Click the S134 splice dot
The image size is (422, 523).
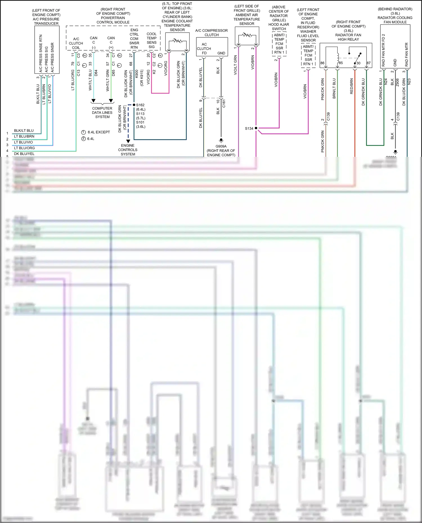(x=256, y=128)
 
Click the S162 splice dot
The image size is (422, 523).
(x=134, y=105)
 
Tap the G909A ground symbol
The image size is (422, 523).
(x=221, y=140)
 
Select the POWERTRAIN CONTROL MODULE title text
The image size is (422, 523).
(x=113, y=18)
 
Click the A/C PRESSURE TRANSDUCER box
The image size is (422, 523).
(x=46, y=50)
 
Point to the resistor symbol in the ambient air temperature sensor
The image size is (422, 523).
(x=247, y=35)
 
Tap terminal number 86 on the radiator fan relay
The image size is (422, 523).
(x=322, y=63)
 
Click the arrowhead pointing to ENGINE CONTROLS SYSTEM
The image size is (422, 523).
(x=128, y=141)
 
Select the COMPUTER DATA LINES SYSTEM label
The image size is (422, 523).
(x=102, y=112)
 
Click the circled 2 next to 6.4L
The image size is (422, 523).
(x=83, y=139)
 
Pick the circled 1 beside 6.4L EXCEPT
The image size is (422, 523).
(x=83, y=132)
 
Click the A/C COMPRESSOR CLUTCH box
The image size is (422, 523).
(x=212, y=47)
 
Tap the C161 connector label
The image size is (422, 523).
(x=224, y=103)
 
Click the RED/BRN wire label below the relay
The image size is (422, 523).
(x=351, y=86)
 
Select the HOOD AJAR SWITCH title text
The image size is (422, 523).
(x=279, y=26)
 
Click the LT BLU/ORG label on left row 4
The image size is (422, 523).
(x=24, y=148)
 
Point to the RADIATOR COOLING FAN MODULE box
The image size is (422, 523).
(x=395, y=46)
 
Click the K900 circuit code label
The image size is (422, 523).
(x=137, y=74)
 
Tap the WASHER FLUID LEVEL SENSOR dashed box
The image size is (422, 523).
(x=308, y=55)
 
